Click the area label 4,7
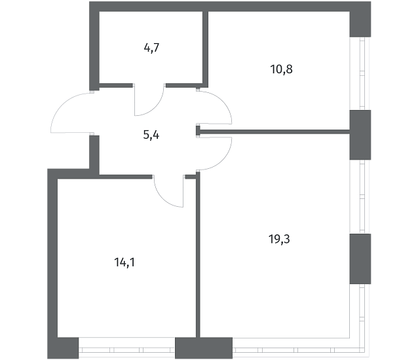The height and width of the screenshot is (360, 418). (x=151, y=48)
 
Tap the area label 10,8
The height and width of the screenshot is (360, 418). (x=281, y=69)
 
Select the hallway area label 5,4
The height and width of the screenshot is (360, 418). (x=151, y=135)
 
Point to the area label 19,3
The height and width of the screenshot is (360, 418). (x=279, y=239)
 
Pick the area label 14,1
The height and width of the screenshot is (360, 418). (x=124, y=262)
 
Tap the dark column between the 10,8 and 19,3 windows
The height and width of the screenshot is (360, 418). (x=360, y=135)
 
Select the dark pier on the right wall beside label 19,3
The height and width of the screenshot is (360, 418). (x=360, y=259)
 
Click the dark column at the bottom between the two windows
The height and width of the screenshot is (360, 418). (x=204, y=348)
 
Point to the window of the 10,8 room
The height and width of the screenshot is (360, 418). (x=362, y=73)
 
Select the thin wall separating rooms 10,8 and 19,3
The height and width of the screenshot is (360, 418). (x=273, y=132)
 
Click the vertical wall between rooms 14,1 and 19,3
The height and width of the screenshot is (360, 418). (x=198, y=255)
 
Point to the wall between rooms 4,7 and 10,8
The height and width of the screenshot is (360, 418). (x=205, y=49)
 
